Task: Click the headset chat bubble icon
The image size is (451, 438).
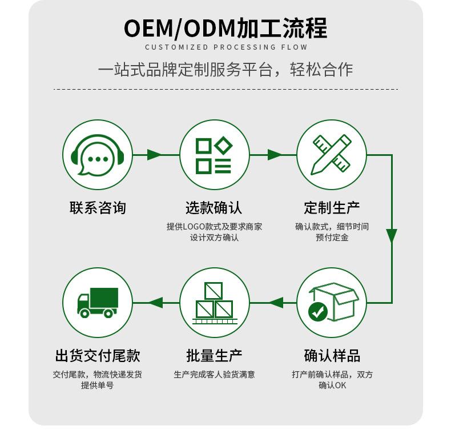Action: tap(97, 155)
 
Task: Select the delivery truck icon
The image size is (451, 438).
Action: tap(97, 302)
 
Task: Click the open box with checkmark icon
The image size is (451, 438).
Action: tap(332, 302)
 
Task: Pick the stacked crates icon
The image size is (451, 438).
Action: tap(214, 302)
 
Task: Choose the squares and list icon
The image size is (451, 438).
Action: tap(214, 155)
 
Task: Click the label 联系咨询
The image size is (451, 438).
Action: tap(98, 208)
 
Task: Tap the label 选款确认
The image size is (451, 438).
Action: tap(214, 208)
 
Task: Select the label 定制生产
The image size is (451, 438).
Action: tap(332, 208)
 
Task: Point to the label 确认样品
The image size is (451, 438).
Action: tap(332, 356)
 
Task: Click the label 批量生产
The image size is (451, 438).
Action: tap(214, 356)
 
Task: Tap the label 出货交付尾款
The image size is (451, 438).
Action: tap(98, 356)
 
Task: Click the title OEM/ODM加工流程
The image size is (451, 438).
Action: tap(226, 28)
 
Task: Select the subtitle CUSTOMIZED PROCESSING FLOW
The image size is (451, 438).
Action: tap(226, 47)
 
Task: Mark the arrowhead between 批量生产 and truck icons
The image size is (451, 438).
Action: tap(156, 303)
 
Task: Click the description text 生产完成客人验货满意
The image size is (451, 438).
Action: tap(214, 375)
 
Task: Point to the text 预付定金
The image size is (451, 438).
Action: tap(332, 238)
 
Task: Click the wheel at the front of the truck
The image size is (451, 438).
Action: tap(84, 313)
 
